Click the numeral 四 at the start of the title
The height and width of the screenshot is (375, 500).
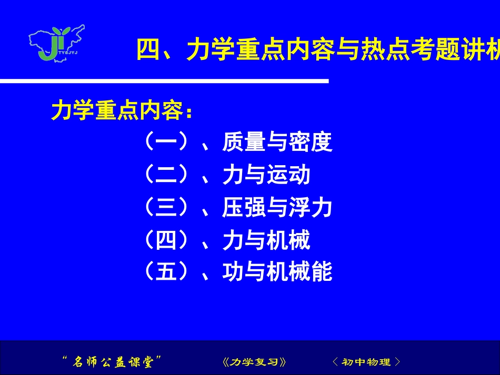(x=149, y=52)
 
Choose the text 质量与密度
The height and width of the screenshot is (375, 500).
(x=277, y=142)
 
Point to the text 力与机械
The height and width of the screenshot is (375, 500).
(x=266, y=241)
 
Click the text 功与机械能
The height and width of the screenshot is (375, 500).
(x=277, y=272)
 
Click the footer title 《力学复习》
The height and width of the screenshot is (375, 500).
(x=254, y=362)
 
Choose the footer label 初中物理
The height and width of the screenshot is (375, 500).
(x=367, y=362)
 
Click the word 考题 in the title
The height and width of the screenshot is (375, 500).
(x=435, y=52)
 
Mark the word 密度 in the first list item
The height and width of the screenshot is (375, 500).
(x=311, y=142)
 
